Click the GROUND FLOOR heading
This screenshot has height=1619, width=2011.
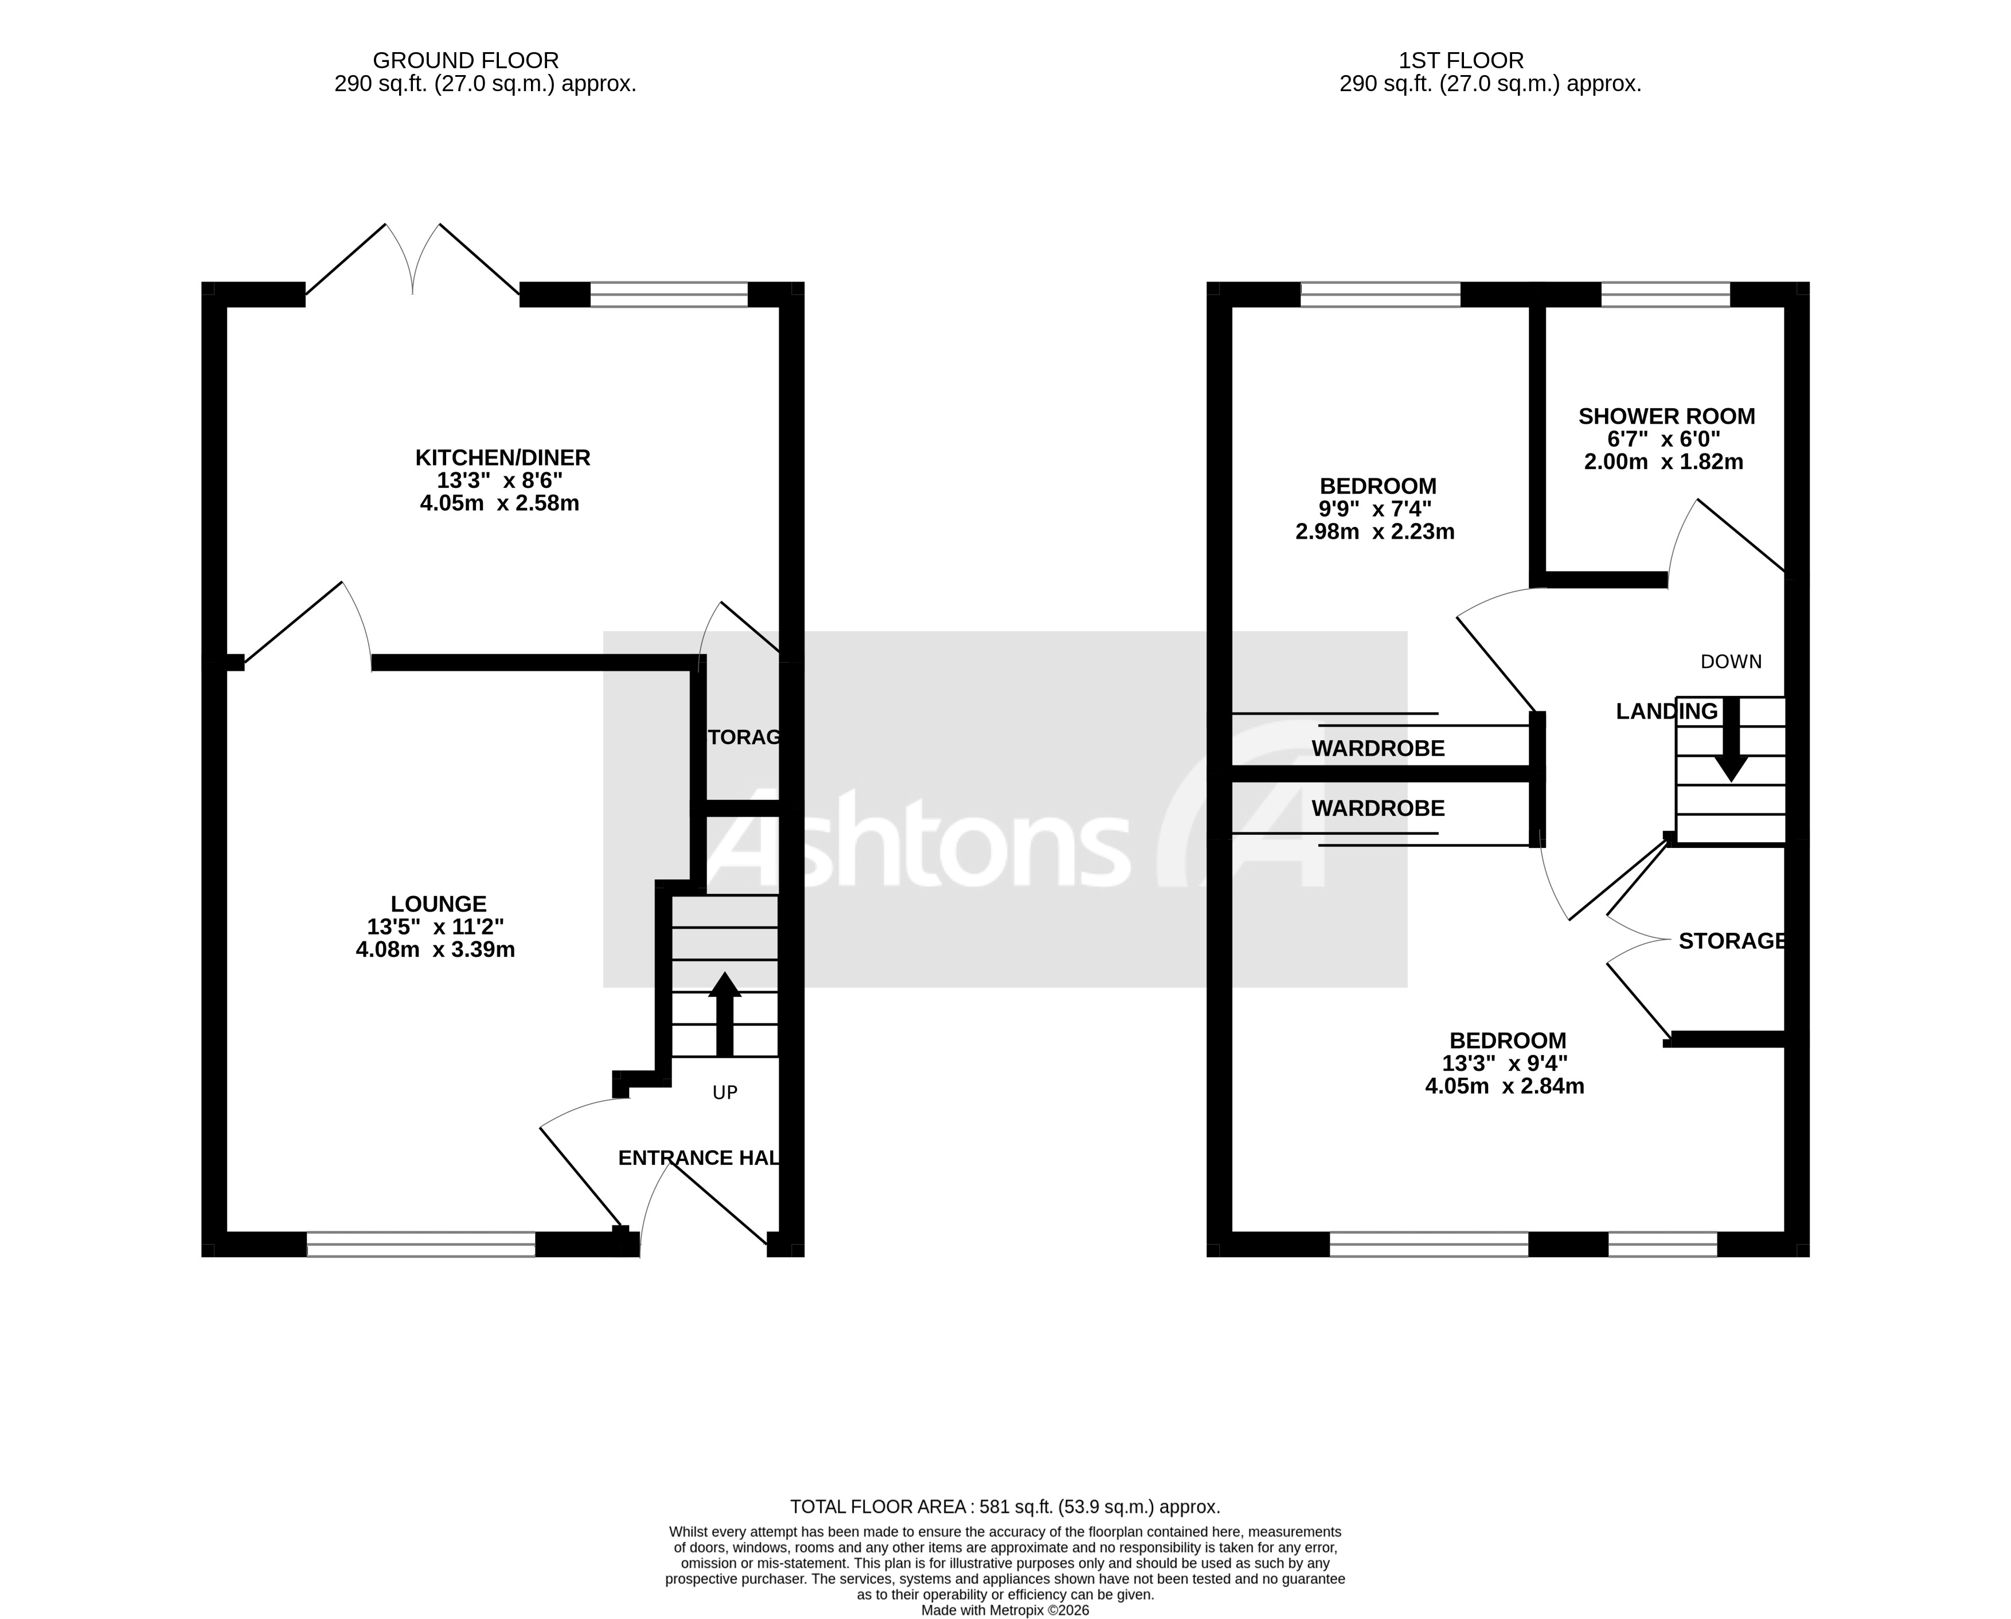466,61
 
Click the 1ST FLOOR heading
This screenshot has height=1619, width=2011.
1461,61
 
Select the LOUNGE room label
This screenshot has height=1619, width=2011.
439,904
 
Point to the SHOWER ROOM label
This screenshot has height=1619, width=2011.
1666,417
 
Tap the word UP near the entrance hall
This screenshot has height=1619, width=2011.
725,1092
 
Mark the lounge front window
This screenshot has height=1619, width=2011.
421,1244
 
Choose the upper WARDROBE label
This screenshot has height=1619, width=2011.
1378,748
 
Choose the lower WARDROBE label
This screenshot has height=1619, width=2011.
1378,808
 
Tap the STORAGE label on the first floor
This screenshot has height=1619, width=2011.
1731,941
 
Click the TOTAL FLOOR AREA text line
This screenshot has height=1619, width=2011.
1005,1506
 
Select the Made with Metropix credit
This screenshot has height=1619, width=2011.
1005,1610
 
